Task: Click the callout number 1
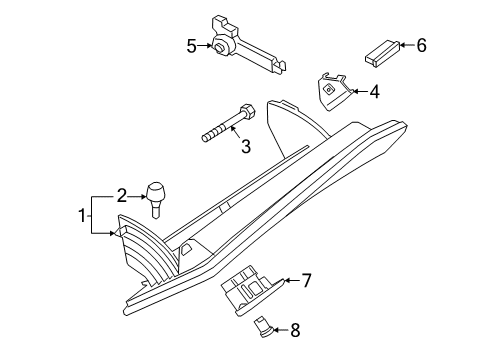pyautogui.click(x=84, y=214)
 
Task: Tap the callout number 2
pyautogui.click(x=121, y=195)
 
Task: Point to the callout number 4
pyautogui.click(x=374, y=92)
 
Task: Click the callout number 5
pyautogui.click(x=191, y=45)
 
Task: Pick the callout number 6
pyautogui.click(x=420, y=44)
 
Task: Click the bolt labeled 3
pyautogui.click(x=229, y=122)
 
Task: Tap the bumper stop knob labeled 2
pyautogui.click(x=156, y=195)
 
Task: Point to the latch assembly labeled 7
pyautogui.click(x=252, y=292)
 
